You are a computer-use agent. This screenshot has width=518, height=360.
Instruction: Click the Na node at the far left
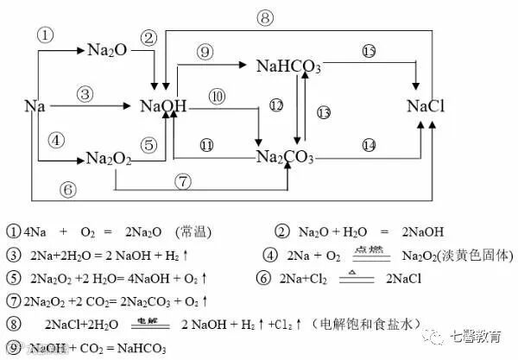pos(35,106)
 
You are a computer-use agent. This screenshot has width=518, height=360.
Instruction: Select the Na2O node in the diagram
pos(108,51)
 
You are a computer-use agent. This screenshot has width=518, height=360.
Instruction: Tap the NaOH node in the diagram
pos(164,106)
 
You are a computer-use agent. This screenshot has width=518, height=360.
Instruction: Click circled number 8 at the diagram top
pos(266,17)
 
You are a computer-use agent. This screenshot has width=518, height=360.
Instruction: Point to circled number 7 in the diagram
pos(182,181)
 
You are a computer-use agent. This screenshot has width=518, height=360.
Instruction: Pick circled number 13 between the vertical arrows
pos(324,112)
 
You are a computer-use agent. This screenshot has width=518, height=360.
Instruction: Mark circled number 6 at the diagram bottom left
pos(69,188)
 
